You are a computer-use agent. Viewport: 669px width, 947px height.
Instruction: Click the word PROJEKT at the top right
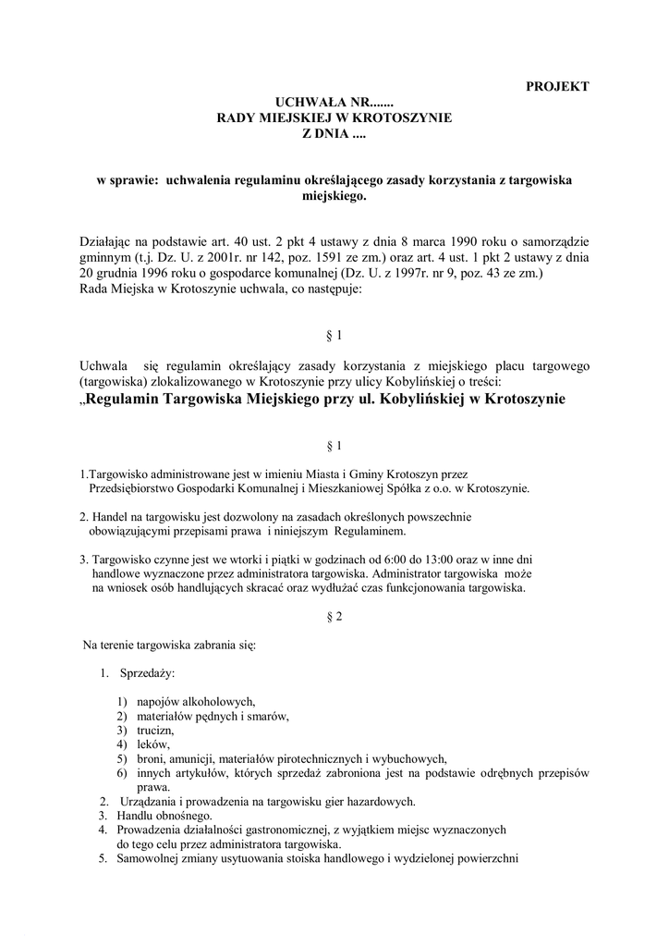coord(557,86)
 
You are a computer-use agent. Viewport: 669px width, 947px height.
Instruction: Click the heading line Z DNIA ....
coord(334,134)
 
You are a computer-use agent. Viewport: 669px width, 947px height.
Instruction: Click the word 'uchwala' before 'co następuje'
coord(254,289)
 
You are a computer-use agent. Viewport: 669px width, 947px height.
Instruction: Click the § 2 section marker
coord(334,619)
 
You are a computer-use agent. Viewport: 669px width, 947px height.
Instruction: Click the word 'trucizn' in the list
coord(155,730)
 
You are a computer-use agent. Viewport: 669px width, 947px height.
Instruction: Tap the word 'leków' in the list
coord(152,744)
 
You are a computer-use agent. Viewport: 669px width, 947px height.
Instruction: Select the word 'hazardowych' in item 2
coord(382,801)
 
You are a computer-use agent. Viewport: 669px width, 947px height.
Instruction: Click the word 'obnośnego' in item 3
coord(184,816)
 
